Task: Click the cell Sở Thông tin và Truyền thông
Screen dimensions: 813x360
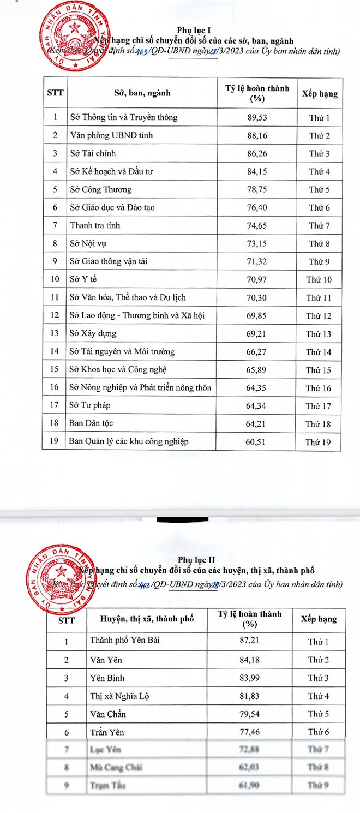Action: (x=124, y=117)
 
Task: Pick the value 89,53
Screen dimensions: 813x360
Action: (x=256, y=117)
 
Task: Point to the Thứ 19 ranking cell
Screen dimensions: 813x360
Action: (x=319, y=441)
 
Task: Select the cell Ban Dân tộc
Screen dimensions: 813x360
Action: (x=92, y=423)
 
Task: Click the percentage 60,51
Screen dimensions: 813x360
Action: (x=256, y=441)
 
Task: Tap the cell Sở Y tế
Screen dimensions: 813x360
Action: (x=83, y=279)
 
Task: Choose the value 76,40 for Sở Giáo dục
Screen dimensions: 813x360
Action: (x=256, y=207)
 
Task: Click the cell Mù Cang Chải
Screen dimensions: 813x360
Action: (x=116, y=767)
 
